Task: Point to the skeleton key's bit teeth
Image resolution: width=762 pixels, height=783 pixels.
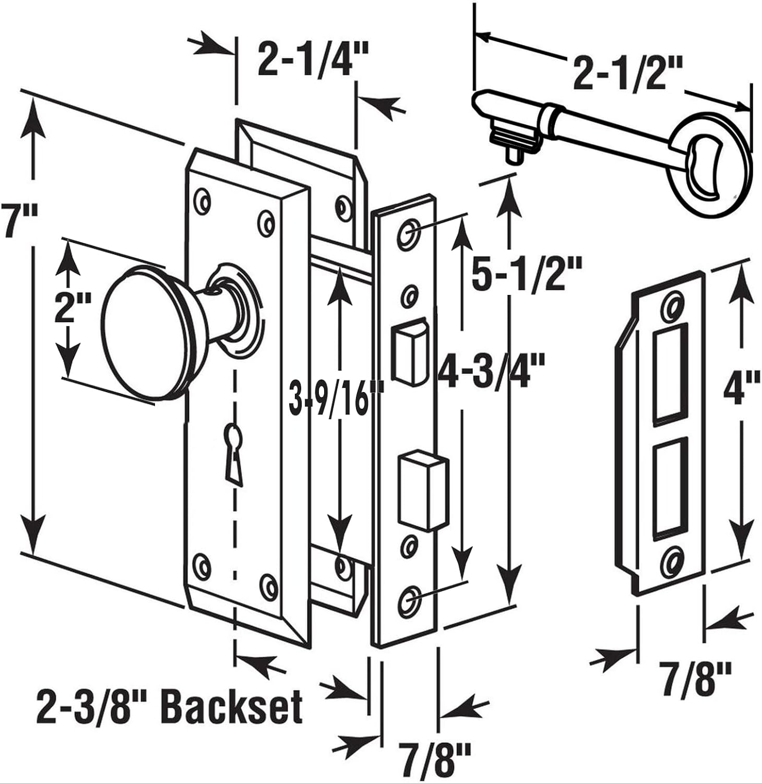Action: tap(514, 141)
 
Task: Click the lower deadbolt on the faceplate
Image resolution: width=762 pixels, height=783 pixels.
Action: tap(423, 491)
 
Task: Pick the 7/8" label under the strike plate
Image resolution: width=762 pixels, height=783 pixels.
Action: tap(694, 679)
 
